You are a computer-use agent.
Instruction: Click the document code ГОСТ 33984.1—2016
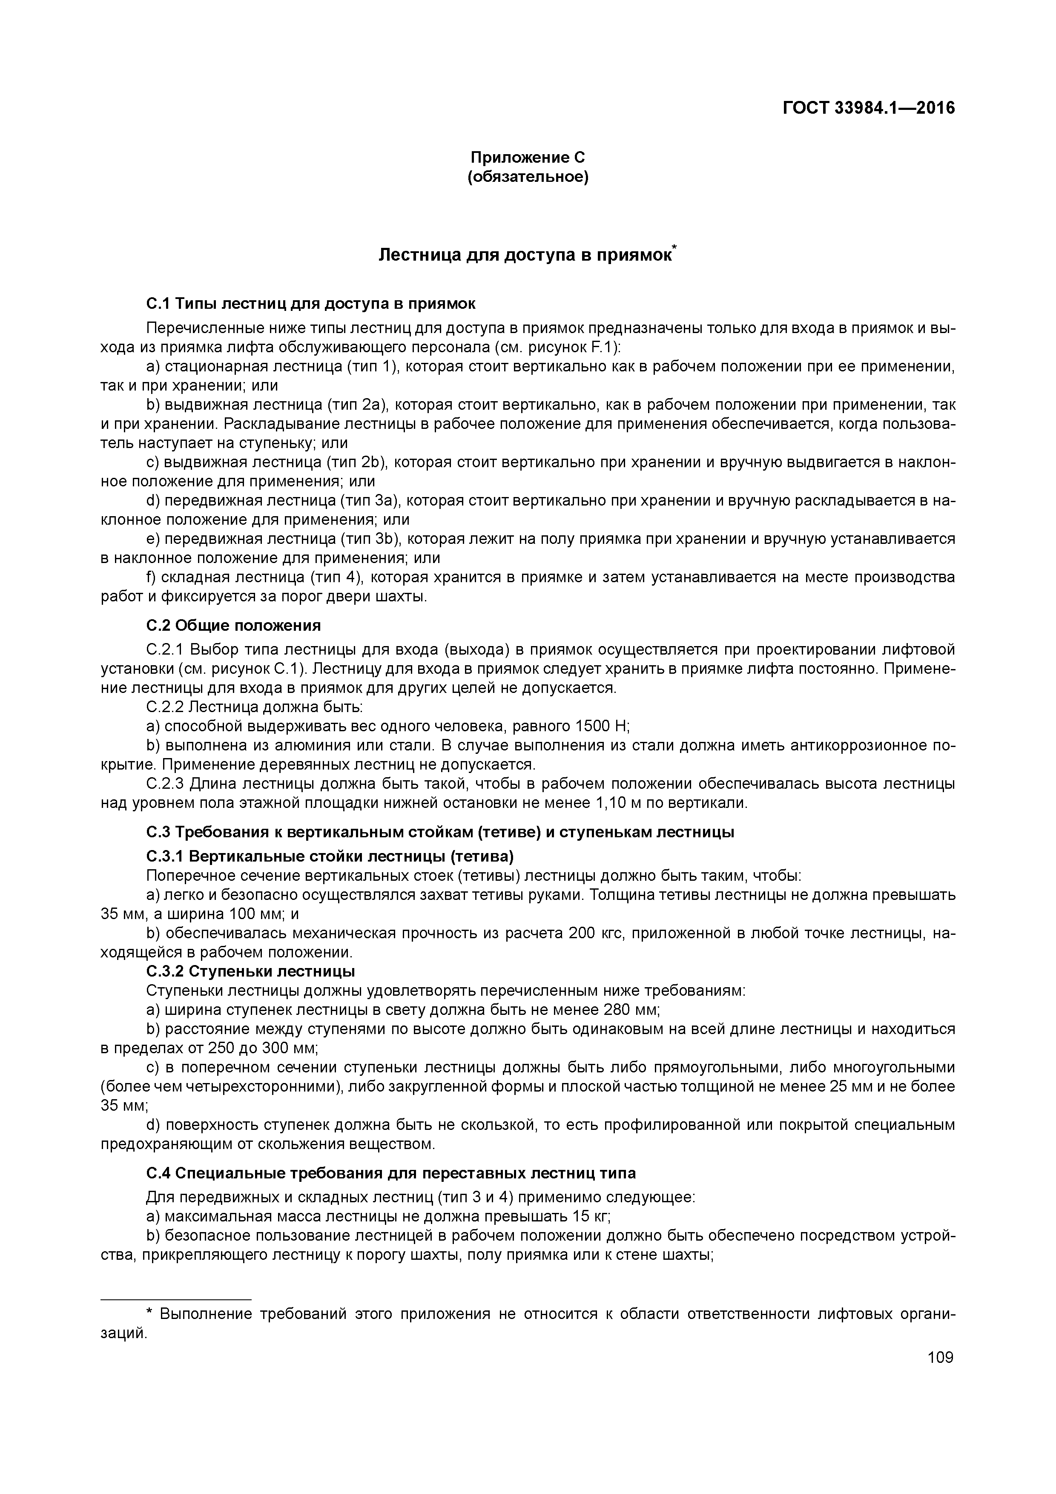[869, 108]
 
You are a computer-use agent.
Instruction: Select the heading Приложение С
[528, 158]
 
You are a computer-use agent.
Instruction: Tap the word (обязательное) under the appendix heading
[528, 177]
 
